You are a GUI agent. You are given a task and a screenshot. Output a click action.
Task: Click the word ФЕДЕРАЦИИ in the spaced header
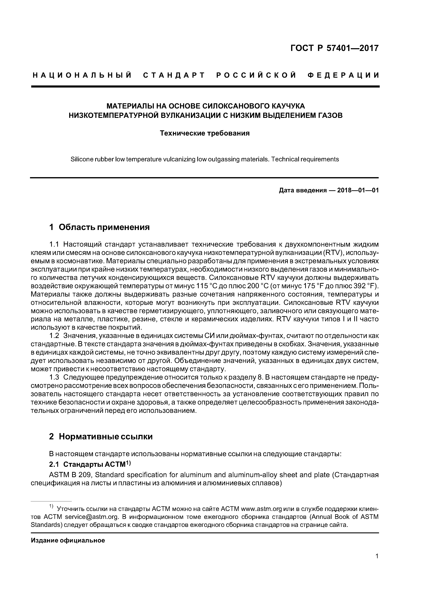[343, 75]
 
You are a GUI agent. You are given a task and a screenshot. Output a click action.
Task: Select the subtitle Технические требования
[205, 133]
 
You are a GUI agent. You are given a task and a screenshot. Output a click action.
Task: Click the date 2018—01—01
[358, 190]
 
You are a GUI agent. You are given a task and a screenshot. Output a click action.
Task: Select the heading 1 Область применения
[99, 227]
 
